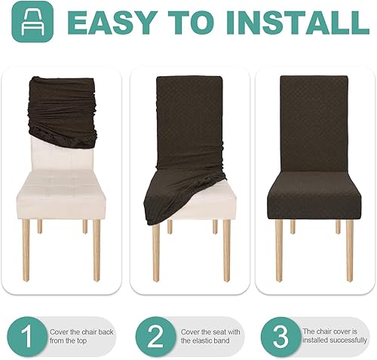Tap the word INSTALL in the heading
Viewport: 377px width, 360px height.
click(303, 25)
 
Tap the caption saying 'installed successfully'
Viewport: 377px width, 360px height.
click(333, 336)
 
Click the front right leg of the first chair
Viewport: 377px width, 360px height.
click(97, 249)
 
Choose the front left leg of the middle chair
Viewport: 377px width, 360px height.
click(156, 249)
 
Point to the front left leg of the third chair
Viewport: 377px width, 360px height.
click(279, 249)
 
